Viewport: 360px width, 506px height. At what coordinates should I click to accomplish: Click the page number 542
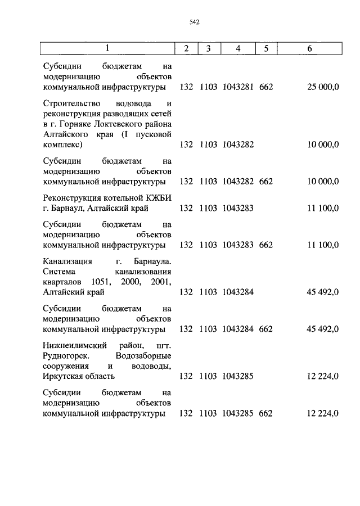(195, 22)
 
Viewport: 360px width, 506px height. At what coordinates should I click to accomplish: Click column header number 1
(107, 48)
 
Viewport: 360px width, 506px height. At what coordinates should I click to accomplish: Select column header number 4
(238, 48)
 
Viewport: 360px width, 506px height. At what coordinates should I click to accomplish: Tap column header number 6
(309, 48)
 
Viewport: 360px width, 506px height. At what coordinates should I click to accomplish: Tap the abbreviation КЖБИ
(154, 198)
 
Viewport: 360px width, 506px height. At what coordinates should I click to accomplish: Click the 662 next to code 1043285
(265, 413)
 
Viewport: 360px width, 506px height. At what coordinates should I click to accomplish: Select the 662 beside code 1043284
(265, 329)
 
